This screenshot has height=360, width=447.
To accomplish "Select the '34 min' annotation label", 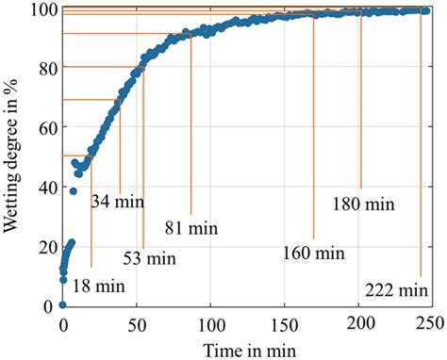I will pos(118,201).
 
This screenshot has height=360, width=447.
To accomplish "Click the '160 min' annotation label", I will pos(314,254).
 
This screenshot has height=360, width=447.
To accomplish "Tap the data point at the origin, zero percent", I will pos(62,305).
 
